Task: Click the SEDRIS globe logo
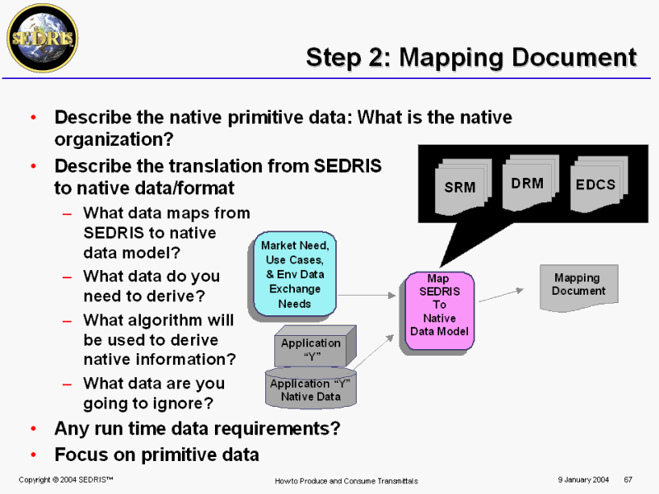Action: [43, 38]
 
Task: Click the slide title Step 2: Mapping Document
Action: [471, 57]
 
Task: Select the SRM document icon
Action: [463, 187]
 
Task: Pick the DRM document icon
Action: [530, 182]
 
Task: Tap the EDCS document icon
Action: [599, 184]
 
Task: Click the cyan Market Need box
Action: [295, 274]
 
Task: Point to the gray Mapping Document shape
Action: [579, 287]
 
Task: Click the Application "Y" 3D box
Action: [315, 347]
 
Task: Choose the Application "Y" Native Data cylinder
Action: [311, 388]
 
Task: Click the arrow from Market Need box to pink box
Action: [367, 296]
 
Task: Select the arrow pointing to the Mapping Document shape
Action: [501, 295]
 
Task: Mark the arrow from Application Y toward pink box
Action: [373, 352]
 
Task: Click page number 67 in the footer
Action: [628, 480]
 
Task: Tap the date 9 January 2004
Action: [583, 480]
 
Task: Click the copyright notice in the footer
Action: [66, 480]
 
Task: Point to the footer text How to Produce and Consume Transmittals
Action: [346, 481]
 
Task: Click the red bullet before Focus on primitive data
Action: [34, 454]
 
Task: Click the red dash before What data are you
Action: [67, 384]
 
